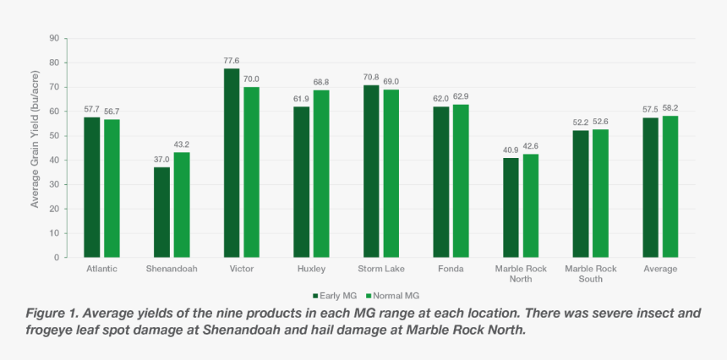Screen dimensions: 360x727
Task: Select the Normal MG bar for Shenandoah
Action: click(182, 205)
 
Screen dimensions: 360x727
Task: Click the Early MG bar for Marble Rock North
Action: click(511, 207)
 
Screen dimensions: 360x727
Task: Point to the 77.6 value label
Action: click(231, 61)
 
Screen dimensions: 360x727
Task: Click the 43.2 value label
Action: click(182, 145)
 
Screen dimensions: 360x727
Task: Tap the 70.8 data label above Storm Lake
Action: click(370, 78)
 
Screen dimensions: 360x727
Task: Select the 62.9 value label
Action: click(461, 97)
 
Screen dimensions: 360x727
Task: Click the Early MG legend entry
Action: click(336, 296)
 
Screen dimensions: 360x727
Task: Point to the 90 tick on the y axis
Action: click(53, 39)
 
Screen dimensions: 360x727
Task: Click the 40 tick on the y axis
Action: click(53, 160)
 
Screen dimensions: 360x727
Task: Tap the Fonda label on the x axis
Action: click(451, 269)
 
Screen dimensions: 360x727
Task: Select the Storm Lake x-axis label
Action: click(380, 269)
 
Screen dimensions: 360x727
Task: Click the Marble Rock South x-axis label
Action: click(591, 273)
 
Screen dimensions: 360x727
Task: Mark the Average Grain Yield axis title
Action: click(36, 148)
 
